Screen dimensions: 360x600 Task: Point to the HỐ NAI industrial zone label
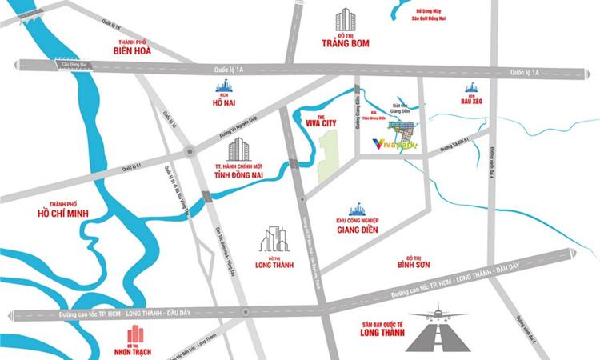click(222, 102)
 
